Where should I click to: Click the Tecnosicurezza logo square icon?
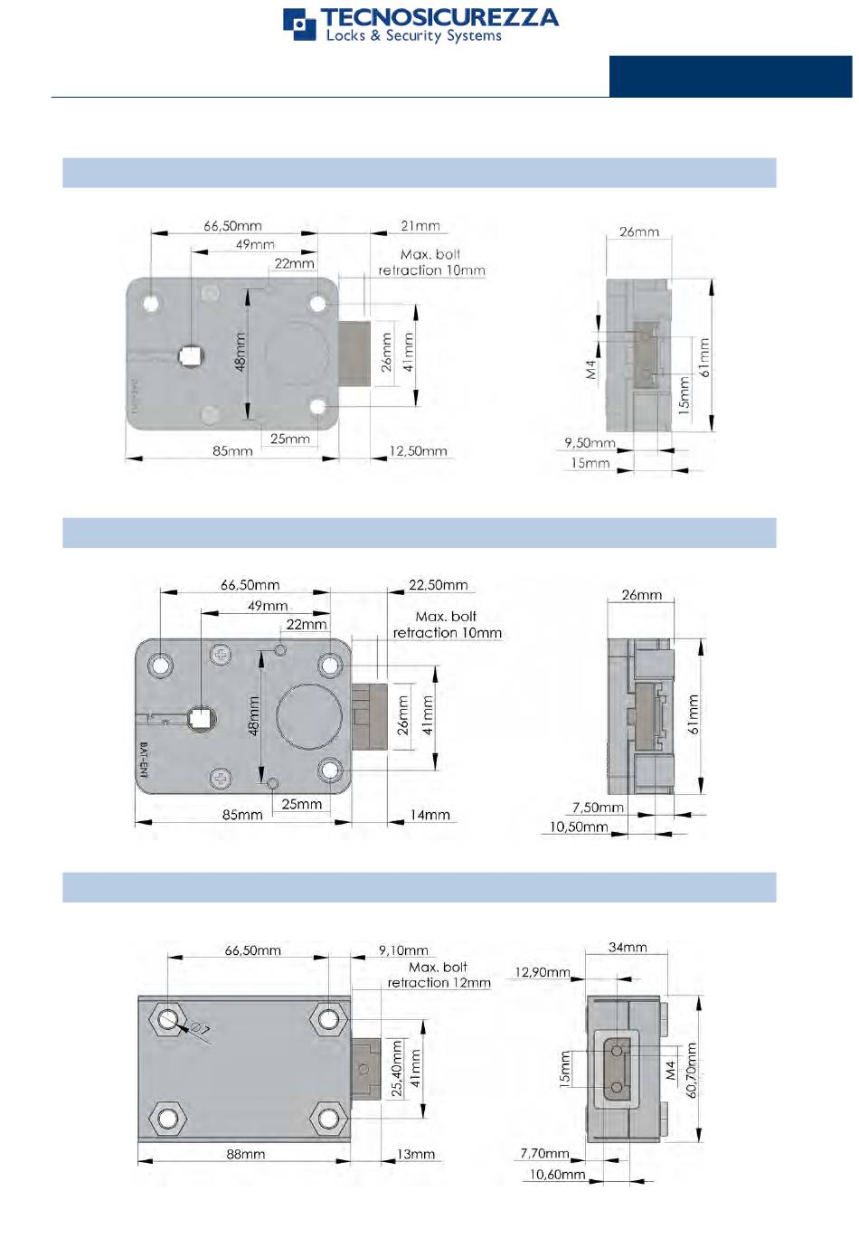click(299, 24)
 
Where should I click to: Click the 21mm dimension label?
click(420, 226)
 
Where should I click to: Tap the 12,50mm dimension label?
click(418, 451)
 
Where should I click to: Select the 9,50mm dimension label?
click(590, 443)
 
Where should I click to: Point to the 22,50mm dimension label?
click(438, 585)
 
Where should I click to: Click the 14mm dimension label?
click(429, 815)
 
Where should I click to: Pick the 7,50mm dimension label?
click(598, 808)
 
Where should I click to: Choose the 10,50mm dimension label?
click(578, 827)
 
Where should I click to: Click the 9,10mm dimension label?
click(403, 950)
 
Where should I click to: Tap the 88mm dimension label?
click(245, 1154)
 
